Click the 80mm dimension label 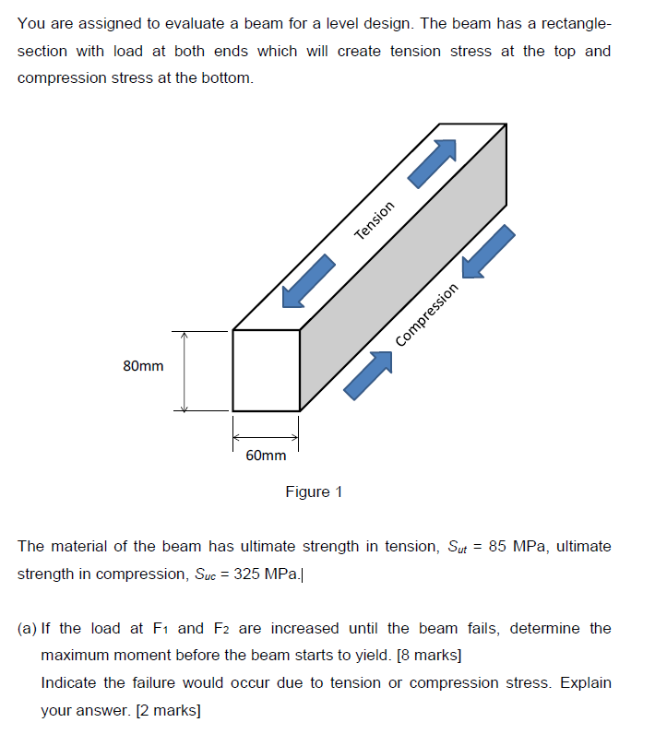coord(143,366)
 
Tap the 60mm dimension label coord(266,456)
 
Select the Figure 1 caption coord(314,491)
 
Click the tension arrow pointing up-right coord(433,164)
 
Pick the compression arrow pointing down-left coord(487,251)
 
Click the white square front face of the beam coord(266,370)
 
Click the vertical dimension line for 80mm coord(184,371)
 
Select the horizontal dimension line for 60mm coord(265,438)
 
